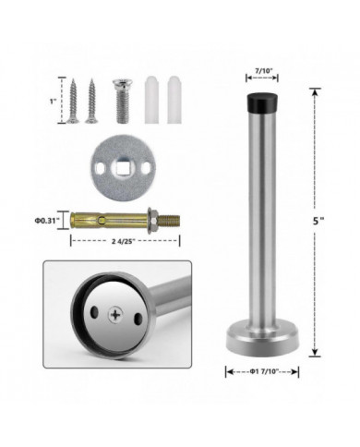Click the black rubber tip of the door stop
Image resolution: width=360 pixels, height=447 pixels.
pos(262,103)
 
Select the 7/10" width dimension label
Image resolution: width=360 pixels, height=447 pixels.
pos(262,70)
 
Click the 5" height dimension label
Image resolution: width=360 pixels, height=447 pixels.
pos(317,221)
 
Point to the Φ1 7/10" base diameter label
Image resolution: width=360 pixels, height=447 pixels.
pos(262,371)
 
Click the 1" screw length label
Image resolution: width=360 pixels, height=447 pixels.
pos(54,101)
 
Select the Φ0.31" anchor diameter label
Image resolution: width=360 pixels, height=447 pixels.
pos(47,220)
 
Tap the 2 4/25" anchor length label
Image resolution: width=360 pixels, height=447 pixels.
pos(124,241)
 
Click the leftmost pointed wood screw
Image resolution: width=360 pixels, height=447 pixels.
pos(73,101)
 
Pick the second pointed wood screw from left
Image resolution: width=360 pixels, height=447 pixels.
pos(91,101)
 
